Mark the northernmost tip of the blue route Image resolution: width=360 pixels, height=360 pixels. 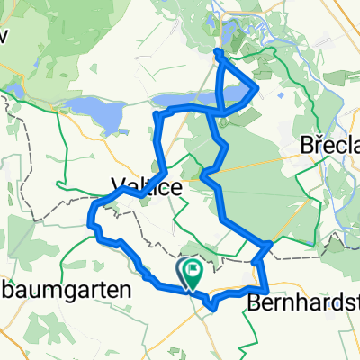click(217, 53)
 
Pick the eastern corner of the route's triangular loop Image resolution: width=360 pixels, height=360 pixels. click(259, 87)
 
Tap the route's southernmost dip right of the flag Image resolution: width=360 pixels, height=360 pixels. click(212, 308)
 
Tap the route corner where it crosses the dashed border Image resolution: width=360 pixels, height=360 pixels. click(268, 244)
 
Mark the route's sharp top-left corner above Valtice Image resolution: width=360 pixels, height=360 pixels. click(157, 115)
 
